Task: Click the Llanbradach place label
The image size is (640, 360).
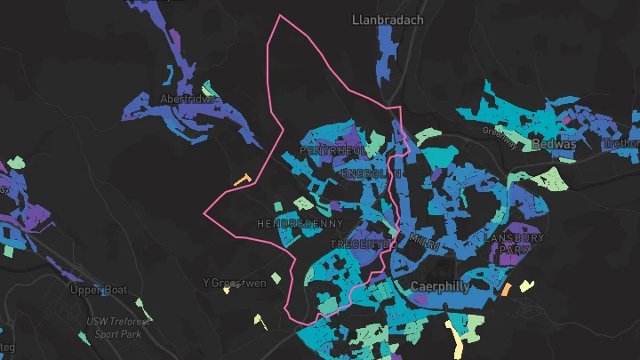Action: [388, 20]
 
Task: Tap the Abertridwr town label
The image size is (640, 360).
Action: [187, 99]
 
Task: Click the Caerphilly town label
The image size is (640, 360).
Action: [440, 286]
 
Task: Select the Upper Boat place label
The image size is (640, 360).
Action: [99, 291]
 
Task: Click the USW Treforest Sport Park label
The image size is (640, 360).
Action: [115, 328]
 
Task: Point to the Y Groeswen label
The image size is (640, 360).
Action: [235, 284]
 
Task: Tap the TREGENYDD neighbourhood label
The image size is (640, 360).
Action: [360, 244]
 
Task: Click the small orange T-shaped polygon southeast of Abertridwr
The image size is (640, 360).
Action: [243, 180]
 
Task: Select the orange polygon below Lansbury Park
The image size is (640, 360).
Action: [506, 289]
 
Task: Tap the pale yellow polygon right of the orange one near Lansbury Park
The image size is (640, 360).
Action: [525, 285]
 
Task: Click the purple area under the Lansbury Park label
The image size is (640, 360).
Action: [502, 258]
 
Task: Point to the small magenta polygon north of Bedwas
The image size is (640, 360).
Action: [565, 118]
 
